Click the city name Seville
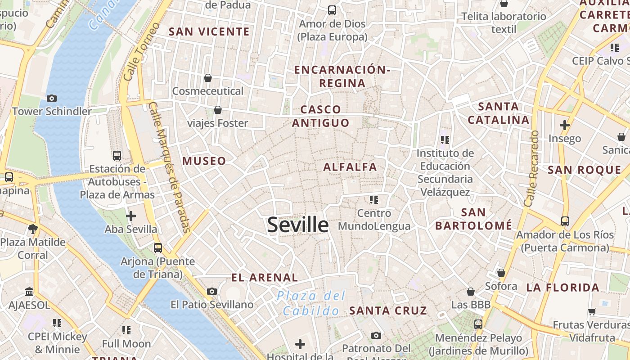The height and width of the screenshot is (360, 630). [x=297, y=224]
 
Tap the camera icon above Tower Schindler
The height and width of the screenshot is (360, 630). [x=52, y=98]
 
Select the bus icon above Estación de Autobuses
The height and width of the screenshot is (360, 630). [x=117, y=156]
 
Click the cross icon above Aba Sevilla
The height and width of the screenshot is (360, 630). [x=131, y=216]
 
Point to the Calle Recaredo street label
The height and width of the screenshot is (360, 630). [x=531, y=169]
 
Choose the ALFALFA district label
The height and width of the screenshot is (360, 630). [x=350, y=167]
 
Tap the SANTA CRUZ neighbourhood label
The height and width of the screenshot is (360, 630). [x=388, y=310]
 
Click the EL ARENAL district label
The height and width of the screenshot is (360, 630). [x=265, y=278]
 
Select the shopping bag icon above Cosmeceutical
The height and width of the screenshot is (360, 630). [x=208, y=78]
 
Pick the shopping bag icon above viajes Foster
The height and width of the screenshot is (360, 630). [x=218, y=110]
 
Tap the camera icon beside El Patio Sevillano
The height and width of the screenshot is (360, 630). [x=212, y=291]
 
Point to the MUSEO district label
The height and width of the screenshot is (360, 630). [x=204, y=161]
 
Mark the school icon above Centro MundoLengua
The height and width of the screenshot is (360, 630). [x=374, y=199]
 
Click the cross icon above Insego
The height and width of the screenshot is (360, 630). [x=565, y=125]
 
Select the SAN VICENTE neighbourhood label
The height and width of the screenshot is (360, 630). [x=209, y=31]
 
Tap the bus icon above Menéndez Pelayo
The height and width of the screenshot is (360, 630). [x=478, y=324]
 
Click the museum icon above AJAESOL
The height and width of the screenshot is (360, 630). [x=30, y=292]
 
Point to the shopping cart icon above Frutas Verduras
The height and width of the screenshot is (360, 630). [x=592, y=311]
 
